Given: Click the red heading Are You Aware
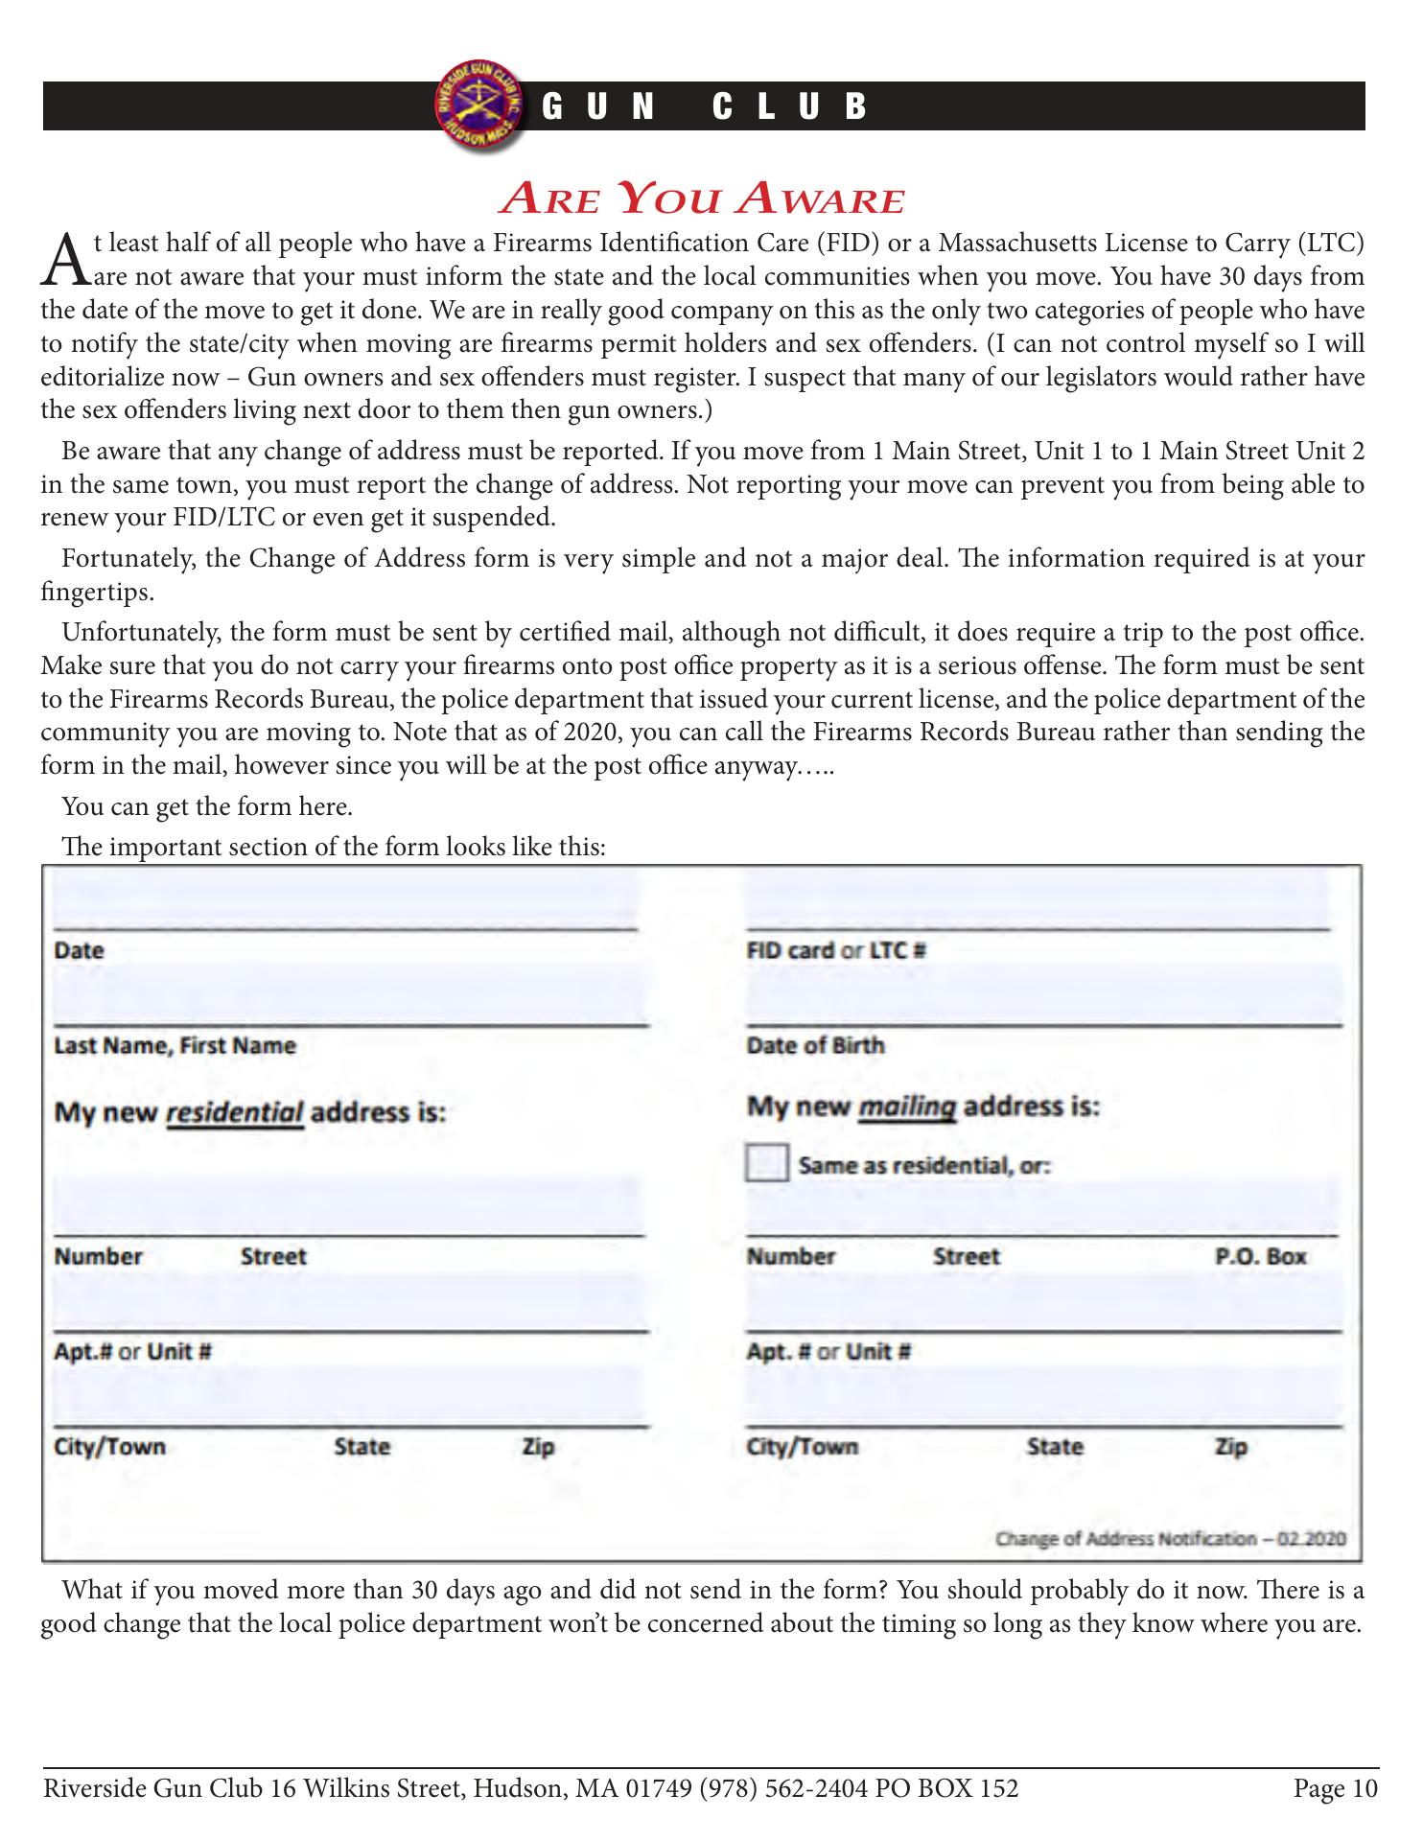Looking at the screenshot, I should pos(703,198).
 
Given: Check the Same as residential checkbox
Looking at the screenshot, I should pos(766,1164).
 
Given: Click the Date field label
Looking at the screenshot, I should pos(79,950).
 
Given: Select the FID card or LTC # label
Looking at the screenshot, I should pos(835,950).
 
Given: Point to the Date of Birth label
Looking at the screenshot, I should pos(815,1045).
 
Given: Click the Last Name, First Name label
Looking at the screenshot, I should pos(175,1045).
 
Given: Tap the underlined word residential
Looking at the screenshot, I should pos(235,1113).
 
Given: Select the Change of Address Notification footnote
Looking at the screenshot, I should pos(1171,1539).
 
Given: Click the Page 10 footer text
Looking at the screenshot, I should pos(1335,1789).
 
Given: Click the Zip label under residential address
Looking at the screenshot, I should pos(538,1446).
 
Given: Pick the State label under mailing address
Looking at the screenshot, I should pos(1055,1446).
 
